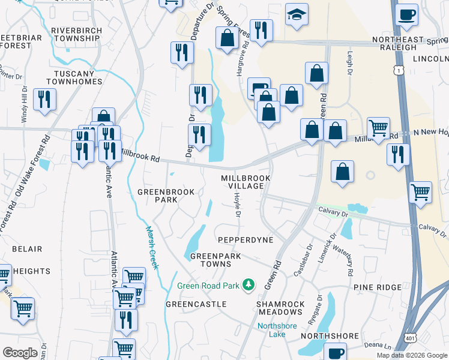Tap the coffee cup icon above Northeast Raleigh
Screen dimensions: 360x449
(406, 14)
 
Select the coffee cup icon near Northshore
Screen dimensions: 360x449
(335, 353)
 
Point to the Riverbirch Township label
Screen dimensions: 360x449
(76, 34)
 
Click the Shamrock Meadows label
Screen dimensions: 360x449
(280, 308)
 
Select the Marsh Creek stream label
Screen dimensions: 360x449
(151, 247)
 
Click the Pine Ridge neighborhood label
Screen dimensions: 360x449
(377, 288)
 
